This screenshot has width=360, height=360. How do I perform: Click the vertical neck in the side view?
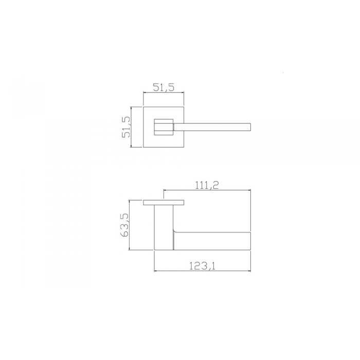pyautogui.click(x=163, y=226)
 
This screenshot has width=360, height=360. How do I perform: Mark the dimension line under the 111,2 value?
pyautogui.click(x=207, y=190)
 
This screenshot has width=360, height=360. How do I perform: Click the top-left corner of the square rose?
pyautogui.click(x=143, y=107)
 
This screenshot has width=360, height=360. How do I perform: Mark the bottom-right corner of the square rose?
pyautogui.click(x=185, y=148)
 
